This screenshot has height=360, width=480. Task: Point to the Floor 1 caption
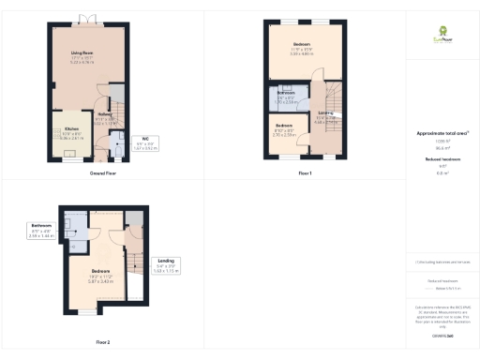point(305,174)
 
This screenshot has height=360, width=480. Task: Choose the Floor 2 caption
point(102,342)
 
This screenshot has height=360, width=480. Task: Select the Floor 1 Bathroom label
point(286,96)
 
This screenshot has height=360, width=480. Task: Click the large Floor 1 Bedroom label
point(302,47)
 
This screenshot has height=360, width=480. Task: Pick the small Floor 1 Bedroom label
point(284,129)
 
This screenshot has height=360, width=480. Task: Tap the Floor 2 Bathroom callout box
point(40,230)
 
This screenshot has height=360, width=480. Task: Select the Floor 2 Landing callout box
point(165,267)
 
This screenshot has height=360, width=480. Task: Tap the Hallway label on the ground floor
point(104,116)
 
